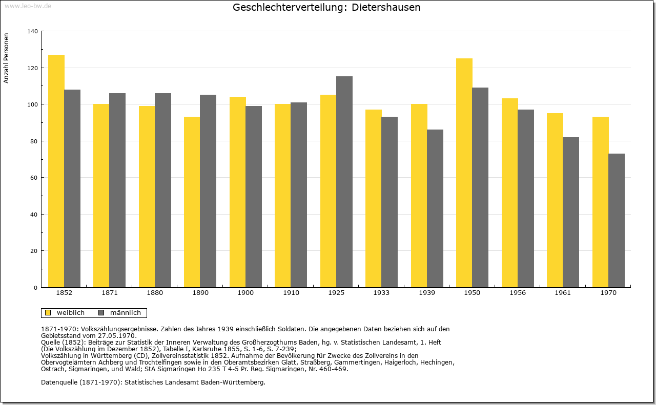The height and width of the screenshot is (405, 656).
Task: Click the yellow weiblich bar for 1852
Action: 56,171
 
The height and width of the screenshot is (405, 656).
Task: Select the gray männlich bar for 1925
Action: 344,182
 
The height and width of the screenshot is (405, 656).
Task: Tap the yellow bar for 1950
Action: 464,173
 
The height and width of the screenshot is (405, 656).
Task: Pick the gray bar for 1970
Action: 617,220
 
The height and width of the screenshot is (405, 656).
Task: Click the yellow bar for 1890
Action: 192,202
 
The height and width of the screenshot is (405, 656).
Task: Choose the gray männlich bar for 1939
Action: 435,208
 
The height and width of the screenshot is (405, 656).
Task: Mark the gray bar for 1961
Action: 571,212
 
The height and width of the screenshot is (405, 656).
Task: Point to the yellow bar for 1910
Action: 282,196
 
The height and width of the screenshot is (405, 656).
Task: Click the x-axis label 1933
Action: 381,293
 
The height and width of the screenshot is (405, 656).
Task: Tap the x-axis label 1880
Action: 155,293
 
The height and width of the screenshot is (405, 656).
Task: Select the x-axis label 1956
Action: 518,293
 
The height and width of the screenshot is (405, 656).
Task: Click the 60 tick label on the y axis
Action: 34,178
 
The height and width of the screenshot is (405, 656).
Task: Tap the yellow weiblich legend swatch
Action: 48,313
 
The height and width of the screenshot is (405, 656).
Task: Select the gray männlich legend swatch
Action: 101,313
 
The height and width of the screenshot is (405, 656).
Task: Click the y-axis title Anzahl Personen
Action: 6,58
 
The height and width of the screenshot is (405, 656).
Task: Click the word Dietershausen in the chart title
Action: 386,7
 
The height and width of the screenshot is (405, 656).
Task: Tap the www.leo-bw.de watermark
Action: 28,6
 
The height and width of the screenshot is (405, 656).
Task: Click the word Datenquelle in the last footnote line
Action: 59,382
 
